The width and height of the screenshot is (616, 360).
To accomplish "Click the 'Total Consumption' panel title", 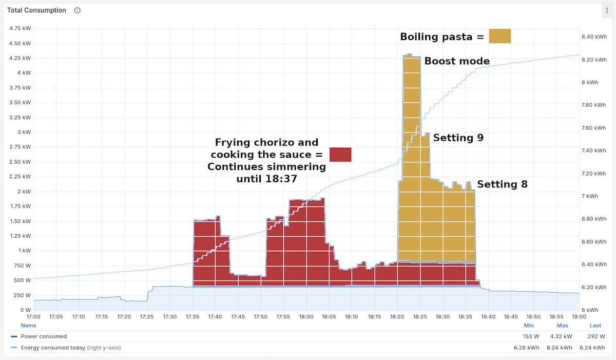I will [x=36, y=10].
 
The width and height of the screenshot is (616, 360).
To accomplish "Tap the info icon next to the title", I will [x=78, y=10].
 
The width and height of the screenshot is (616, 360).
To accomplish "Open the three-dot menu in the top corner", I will [x=607, y=10].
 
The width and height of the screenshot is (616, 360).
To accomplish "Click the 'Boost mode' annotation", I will [x=456, y=61].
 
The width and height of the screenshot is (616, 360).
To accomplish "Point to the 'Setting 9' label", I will [x=458, y=138].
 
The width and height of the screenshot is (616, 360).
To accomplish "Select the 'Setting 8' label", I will [x=502, y=184].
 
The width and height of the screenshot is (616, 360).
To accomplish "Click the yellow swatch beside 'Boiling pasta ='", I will [x=499, y=36].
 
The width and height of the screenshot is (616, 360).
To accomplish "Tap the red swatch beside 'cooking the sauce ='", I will [x=340, y=155].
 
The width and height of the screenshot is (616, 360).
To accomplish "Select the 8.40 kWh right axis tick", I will [x=593, y=37].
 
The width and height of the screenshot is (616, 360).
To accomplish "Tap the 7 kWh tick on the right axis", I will [x=589, y=196].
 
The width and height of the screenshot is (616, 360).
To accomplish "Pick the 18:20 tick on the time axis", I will [x=397, y=317].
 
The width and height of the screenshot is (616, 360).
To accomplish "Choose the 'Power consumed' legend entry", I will [x=44, y=336].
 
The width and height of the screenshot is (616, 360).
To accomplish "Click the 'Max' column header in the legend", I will [x=563, y=325].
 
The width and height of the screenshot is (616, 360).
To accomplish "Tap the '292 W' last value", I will [x=595, y=336].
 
